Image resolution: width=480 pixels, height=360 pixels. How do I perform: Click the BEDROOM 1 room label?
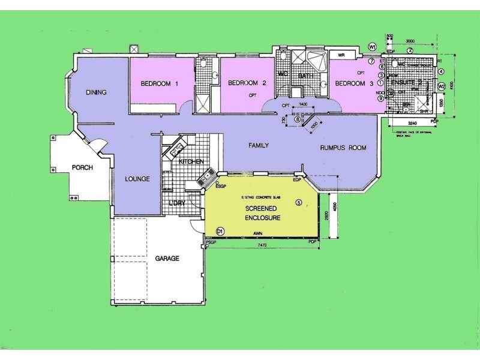[160, 83]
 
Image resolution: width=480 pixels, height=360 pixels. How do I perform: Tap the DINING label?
[96, 92]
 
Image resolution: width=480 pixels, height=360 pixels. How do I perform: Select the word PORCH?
[82, 167]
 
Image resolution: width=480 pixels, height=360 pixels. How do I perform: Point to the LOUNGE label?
[137, 179]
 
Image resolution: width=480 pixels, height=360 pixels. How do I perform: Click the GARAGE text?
[167, 259]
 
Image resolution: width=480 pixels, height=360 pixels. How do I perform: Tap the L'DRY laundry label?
[176, 203]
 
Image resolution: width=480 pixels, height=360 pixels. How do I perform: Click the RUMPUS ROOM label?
[343, 148]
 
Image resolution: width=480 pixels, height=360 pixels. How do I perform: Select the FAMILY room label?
[258, 145]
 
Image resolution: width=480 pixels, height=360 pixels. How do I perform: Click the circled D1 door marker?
[220, 230]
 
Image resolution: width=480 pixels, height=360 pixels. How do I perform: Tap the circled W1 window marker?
[372, 46]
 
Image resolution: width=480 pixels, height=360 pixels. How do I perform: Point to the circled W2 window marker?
[441, 86]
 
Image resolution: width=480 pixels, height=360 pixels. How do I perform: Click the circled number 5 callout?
[298, 202]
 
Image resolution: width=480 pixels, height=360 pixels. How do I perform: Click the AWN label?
[258, 232]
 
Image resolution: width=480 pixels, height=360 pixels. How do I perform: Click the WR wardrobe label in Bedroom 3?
[341, 55]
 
